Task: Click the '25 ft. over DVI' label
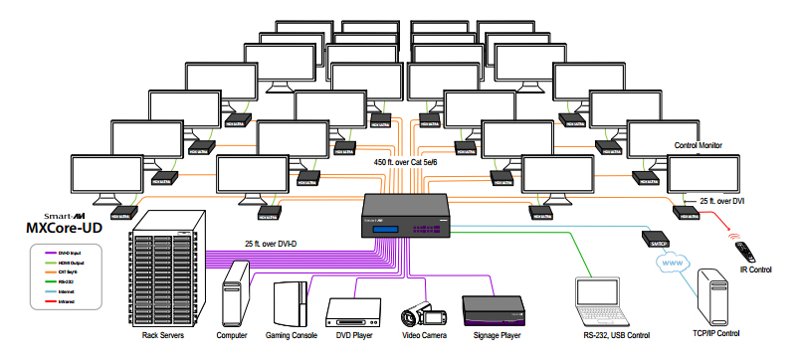[724, 201]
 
